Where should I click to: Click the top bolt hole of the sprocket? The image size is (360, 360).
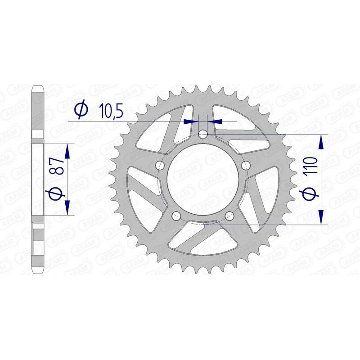(203, 134)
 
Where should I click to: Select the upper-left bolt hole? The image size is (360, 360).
(160, 165)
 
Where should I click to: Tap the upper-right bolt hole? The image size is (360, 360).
(246, 165)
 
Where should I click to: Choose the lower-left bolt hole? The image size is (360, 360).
(176, 215)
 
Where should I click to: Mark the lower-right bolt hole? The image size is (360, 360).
(229, 215)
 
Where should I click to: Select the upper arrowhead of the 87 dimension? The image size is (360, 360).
(67, 151)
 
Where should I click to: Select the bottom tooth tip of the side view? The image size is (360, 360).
(38, 272)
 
